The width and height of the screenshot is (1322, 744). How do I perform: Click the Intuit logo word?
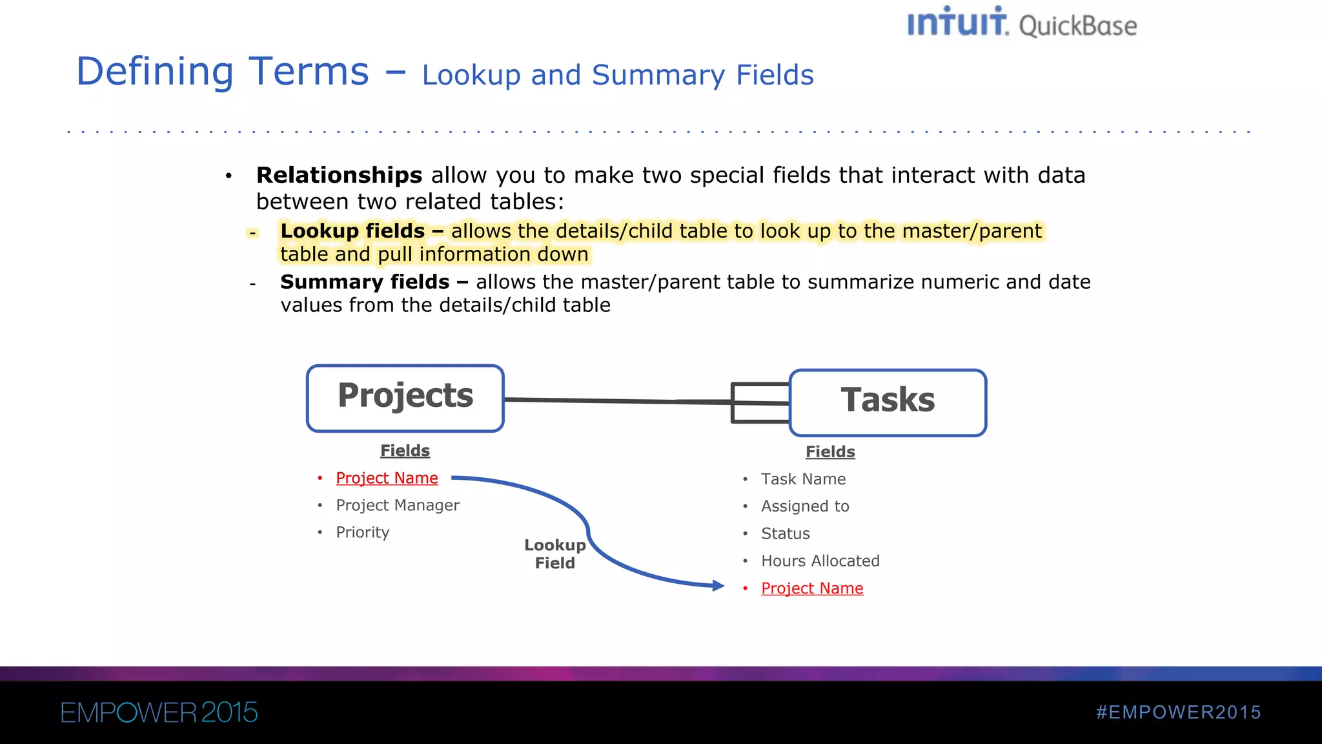pos(957,23)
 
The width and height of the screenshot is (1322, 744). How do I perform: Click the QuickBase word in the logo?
pos(1077,26)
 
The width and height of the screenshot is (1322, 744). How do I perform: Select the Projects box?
pos(405,398)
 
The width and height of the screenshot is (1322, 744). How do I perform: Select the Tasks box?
pos(888,402)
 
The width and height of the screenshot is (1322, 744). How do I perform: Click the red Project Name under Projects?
pos(387,478)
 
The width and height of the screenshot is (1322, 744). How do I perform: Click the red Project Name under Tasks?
pos(812,588)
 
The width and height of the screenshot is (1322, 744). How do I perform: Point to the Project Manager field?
pos(398,505)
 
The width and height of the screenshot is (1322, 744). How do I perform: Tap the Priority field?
pos(363,532)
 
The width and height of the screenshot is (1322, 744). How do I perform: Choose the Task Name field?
pos(803,479)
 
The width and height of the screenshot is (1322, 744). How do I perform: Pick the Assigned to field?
pos(805,506)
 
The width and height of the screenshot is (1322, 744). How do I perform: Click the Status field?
pos(785,533)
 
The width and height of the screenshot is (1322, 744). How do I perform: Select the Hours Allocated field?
pos(820,561)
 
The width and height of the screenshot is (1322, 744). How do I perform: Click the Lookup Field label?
pos(554,554)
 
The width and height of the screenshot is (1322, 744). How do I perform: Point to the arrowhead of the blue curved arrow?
pos(718,586)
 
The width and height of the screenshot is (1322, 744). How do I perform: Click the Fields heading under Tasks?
pos(830,451)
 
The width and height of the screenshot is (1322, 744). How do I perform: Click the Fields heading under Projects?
pos(405,450)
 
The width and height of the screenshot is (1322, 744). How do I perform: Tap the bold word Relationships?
pos(339,175)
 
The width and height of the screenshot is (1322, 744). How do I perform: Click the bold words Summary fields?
pos(365,282)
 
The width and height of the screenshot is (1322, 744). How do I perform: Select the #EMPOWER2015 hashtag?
pos(1178,712)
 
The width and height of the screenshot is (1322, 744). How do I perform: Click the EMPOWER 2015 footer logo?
pos(159,713)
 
